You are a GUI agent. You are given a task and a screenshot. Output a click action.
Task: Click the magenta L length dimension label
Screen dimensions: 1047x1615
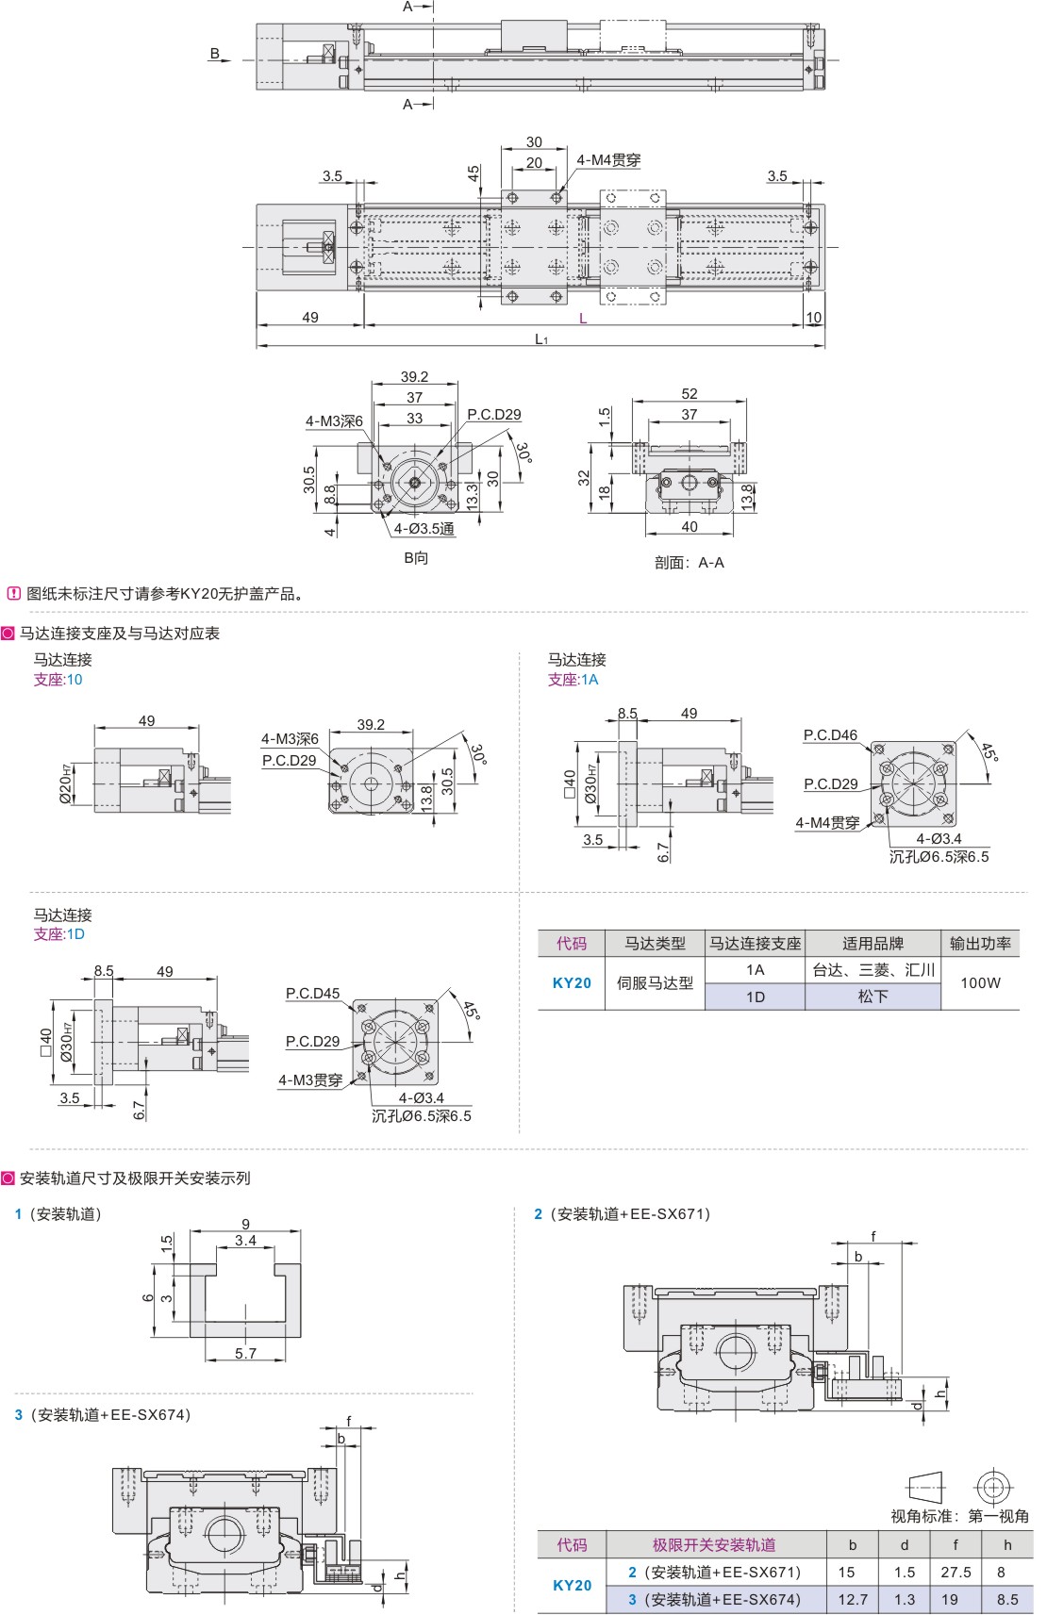click(582, 318)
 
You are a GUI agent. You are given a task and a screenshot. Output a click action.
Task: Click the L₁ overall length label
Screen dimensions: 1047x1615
click(541, 338)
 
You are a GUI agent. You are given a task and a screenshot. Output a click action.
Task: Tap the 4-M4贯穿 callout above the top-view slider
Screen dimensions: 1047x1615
click(608, 160)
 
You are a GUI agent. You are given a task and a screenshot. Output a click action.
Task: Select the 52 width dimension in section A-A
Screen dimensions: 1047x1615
click(690, 394)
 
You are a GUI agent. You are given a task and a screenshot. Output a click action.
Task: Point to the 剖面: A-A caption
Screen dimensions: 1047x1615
click(690, 562)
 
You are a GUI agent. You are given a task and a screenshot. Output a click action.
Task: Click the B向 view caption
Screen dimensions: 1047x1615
click(416, 557)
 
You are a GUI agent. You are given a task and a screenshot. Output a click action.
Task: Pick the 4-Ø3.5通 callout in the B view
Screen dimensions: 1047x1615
click(424, 529)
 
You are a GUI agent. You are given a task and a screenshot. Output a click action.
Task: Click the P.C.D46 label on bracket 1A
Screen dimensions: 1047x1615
click(830, 734)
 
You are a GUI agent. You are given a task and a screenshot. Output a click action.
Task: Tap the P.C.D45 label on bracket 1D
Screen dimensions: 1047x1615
click(312, 993)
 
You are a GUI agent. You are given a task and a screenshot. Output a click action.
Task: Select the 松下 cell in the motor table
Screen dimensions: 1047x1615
click(872, 997)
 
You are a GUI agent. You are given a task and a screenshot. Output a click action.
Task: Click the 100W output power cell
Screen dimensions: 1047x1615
click(980, 982)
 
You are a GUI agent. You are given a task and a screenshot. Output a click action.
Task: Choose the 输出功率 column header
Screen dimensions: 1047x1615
click(980, 943)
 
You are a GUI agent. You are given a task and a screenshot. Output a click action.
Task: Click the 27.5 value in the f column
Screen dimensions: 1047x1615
click(956, 1572)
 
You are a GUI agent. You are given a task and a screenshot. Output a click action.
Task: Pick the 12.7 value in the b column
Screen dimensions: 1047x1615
click(852, 1599)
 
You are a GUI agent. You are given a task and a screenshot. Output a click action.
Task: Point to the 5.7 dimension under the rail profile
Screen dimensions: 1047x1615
click(245, 1353)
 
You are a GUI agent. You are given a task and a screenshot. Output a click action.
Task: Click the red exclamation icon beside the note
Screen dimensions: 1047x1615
click(13, 593)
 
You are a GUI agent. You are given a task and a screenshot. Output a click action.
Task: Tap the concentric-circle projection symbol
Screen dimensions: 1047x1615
click(993, 1488)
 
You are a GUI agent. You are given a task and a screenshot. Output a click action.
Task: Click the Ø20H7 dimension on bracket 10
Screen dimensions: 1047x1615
click(66, 783)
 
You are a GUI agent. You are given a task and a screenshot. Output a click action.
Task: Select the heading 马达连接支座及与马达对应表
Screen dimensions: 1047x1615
click(119, 633)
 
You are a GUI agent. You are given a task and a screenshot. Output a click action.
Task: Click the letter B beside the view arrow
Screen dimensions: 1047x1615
click(214, 54)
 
